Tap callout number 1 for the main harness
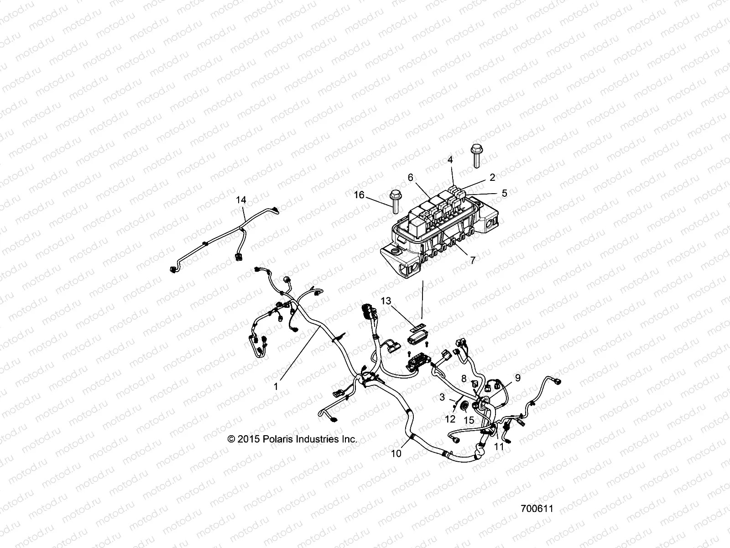click(x=276, y=386)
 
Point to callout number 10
click(x=397, y=453)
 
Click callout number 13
click(x=386, y=300)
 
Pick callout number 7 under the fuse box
click(x=473, y=260)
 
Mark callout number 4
click(x=450, y=160)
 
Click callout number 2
click(x=492, y=178)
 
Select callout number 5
click(x=504, y=193)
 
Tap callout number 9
click(x=517, y=378)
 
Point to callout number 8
click(x=464, y=379)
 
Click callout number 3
click(x=442, y=397)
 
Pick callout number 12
click(x=450, y=419)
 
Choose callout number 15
click(x=469, y=419)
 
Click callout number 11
click(x=499, y=447)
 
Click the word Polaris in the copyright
click(x=278, y=439)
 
